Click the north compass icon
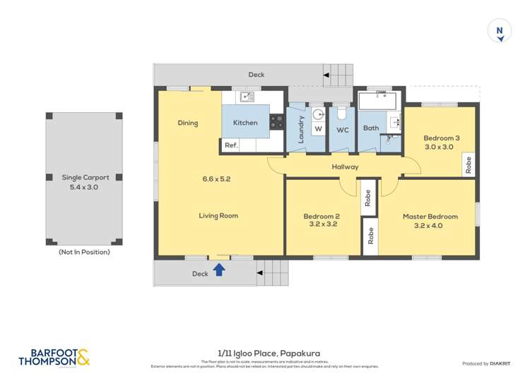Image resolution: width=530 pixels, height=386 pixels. pyautogui.click(x=500, y=32)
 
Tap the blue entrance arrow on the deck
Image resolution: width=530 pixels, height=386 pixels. pyautogui.click(x=219, y=269)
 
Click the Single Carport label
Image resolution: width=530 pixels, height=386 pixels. pyautogui.click(x=86, y=178)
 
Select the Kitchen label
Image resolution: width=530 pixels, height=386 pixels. pyautogui.click(x=245, y=123)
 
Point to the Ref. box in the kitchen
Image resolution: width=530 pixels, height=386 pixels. pyautogui.click(x=230, y=145)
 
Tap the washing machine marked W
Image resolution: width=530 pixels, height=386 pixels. pyautogui.click(x=318, y=129)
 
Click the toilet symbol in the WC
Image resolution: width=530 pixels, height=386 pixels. pyautogui.click(x=341, y=113)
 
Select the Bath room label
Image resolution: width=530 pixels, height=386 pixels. pyautogui.click(x=370, y=128)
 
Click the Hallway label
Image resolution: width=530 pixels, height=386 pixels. pyautogui.click(x=346, y=167)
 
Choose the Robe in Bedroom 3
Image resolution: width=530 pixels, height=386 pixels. pyautogui.click(x=468, y=164)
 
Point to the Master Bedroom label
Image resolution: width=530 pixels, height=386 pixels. pyautogui.click(x=430, y=217)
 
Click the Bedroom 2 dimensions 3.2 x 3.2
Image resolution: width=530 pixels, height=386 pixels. pyautogui.click(x=322, y=225)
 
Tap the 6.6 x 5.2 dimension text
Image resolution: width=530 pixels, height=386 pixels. pyautogui.click(x=216, y=179)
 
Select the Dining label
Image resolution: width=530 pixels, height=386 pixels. pyautogui.click(x=188, y=123)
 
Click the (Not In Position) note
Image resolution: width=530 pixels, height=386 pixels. pyautogui.click(x=84, y=251)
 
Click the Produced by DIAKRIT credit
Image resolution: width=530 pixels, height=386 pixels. pyautogui.click(x=485, y=363)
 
